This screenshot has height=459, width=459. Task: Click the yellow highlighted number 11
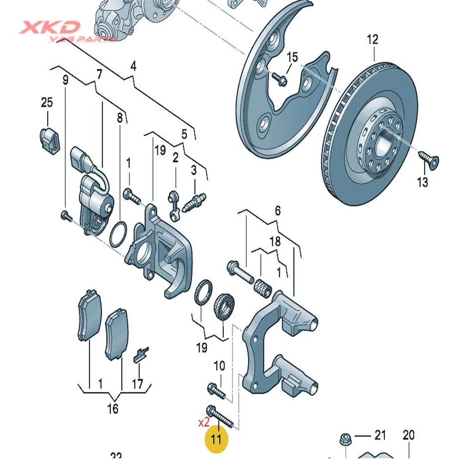coord(216,439)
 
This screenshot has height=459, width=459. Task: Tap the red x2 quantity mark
coord(203,423)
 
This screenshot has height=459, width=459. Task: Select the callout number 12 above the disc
coord(373,40)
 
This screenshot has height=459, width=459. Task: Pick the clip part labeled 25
coord(50,139)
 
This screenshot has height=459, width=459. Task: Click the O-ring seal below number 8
coord(119,235)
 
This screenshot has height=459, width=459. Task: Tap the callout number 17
coord(137,383)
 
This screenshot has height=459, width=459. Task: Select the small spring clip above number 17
coord(139,355)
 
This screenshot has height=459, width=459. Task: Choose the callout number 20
coord(409,436)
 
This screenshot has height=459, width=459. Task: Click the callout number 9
coord(65,80)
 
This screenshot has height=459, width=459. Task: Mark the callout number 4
coord(133,66)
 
